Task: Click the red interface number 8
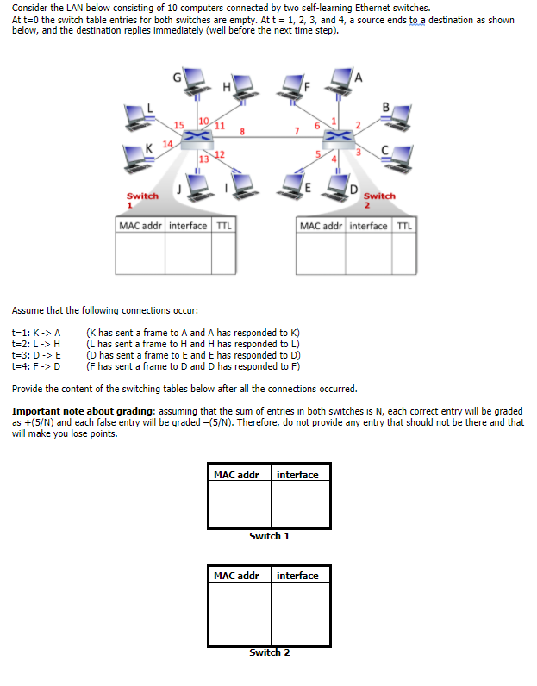tap(243, 132)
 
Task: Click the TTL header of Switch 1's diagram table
tap(223, 226)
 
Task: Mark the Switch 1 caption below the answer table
tap(269, 536)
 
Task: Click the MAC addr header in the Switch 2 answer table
tap(236, 576)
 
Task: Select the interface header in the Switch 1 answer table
tap(297, 475)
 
